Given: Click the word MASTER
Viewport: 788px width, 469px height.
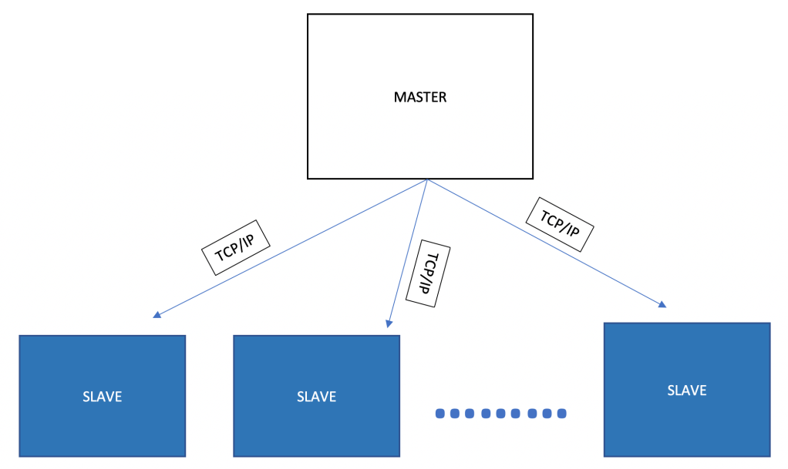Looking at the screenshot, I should click(x=420, y=98).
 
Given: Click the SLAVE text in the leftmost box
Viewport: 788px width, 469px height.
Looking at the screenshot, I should click(x=102, y=397).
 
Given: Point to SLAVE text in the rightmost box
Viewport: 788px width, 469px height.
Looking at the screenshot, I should click(x=686, y=390).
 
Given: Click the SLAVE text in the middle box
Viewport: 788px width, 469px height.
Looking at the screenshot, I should click(x=316, y=397).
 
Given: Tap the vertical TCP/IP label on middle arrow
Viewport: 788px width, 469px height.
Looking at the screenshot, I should click(x=432, y=275).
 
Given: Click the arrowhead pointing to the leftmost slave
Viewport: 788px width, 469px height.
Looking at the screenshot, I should click(x=157, y=314).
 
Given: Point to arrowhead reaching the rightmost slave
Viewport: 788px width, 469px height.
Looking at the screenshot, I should click(x=663, y=305).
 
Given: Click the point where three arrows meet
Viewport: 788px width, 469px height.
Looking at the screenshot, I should click(x=426, y=180).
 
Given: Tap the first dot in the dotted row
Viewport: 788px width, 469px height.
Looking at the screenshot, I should click(x=440, y=414).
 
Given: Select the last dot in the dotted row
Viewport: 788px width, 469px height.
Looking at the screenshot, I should click(x=561, y=414).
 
